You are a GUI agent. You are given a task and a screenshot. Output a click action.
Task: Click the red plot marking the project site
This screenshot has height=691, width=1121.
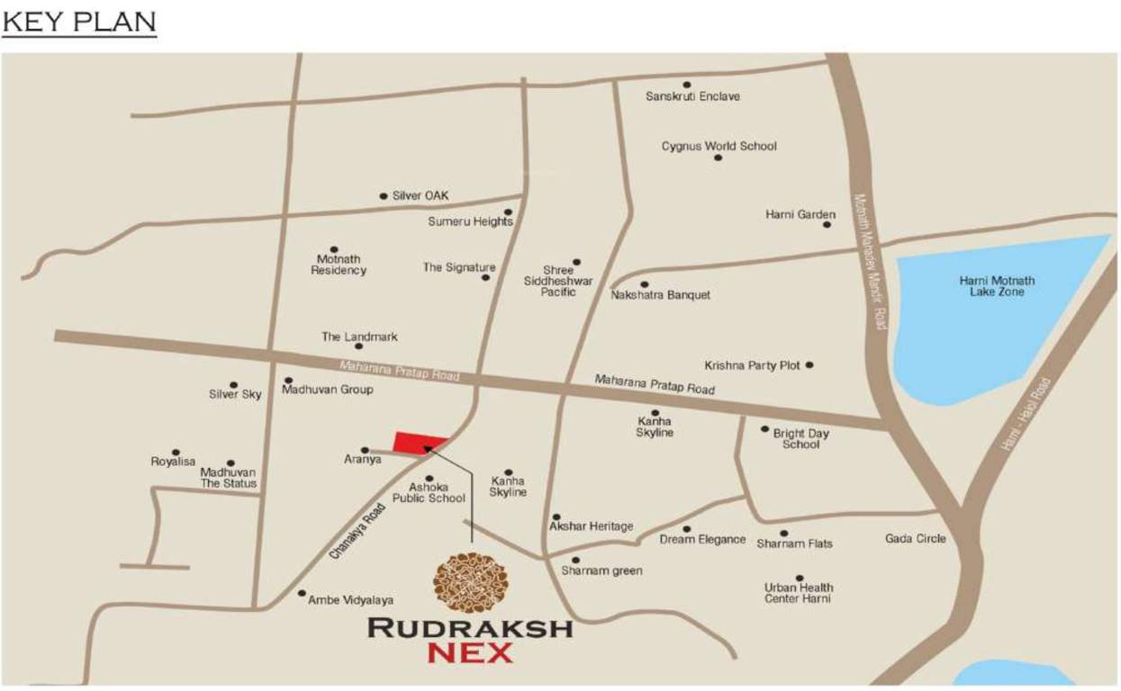[420, 443]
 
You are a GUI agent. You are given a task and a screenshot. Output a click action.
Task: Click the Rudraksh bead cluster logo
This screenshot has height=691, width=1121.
[471, 582]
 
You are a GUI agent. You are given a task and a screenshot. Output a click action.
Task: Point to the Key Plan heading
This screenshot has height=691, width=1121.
[79, 22]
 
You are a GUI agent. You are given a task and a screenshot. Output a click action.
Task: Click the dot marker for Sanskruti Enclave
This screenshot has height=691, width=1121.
[686, 85]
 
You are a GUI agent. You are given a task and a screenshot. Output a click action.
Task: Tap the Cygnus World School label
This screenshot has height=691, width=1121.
[719, 146]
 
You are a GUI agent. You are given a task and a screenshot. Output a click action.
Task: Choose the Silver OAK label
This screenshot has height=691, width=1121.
[420, 195]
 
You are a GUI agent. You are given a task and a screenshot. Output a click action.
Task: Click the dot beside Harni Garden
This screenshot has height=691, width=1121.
[827, 224]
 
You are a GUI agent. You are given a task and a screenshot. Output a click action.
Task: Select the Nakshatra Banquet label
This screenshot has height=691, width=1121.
[660, 295]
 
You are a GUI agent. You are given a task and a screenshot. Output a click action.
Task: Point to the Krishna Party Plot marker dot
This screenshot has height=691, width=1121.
[809, 364]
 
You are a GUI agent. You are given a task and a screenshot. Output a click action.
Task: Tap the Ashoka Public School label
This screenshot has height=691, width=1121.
[429, 492]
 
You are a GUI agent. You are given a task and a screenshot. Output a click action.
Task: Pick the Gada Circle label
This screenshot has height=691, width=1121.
[915, 539]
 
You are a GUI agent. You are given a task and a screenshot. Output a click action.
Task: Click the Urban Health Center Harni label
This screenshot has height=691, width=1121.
[798, 593]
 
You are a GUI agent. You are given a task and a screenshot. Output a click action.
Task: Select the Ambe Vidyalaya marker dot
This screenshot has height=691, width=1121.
[301, 593]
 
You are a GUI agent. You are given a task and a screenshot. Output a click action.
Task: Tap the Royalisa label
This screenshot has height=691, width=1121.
[173, 462]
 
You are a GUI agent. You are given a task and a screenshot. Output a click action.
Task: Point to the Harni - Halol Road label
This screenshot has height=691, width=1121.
[1026, 414]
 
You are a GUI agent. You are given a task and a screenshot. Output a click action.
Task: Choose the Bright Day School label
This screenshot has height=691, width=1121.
[800, 439]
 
